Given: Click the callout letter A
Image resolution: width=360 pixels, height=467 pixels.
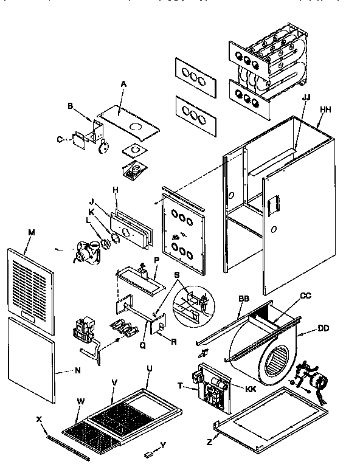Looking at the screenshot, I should (x=123, y=83).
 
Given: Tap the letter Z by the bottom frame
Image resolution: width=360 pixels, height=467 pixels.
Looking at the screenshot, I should (x=209, y=442).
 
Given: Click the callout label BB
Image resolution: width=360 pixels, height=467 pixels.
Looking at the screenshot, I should (x=244, y=299).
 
